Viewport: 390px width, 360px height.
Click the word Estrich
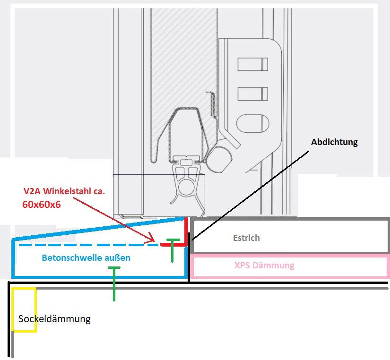[246, 238]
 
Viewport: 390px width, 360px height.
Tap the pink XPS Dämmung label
[264, 266]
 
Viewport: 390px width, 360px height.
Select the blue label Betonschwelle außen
[86, 258]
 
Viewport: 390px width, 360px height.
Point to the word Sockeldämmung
[54, 319]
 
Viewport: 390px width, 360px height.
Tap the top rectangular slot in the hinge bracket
[252, 64]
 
